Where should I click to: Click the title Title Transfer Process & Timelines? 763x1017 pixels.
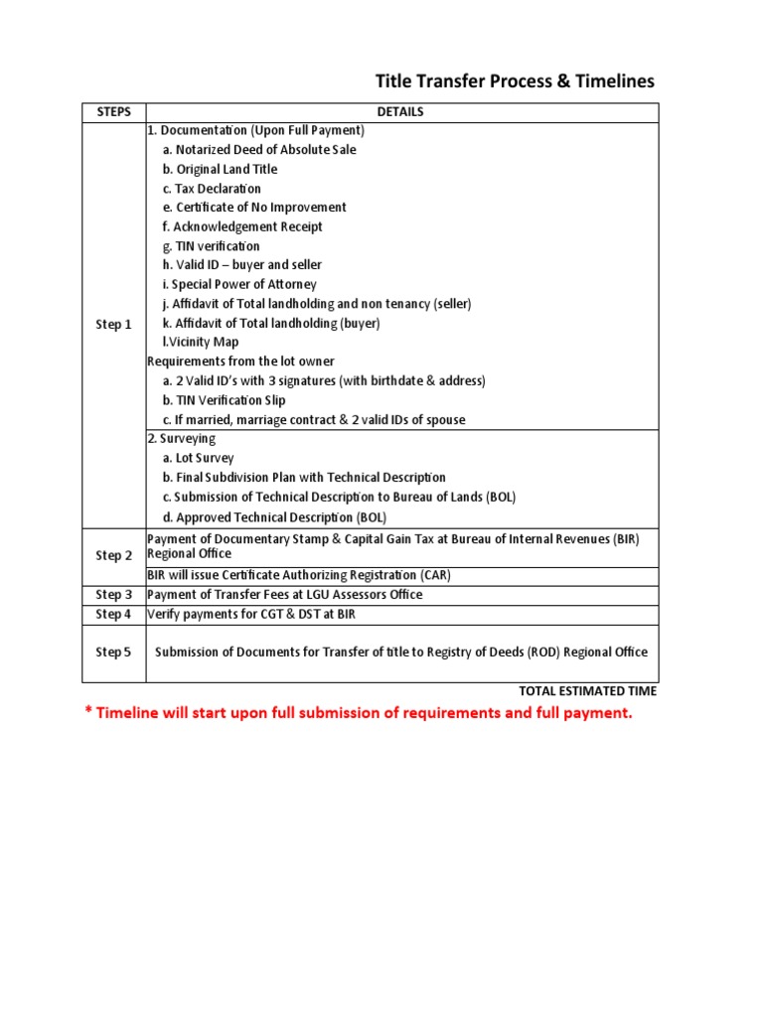pos(514,81)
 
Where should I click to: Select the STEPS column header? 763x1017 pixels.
pos(113,112)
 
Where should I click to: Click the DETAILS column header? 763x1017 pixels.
pos(400,112)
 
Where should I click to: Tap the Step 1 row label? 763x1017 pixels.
pos(113,325)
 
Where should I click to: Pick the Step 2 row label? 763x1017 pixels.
pos(113,556)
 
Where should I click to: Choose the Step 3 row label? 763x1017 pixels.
pos(113,595)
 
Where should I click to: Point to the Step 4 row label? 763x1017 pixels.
pos(113,615)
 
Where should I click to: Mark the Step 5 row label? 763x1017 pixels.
pos(113,653)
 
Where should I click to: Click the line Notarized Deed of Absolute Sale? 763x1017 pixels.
pos(258,150)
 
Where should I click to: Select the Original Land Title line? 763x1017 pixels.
pos(220,170)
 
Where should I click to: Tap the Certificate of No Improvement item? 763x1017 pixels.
pos(254,208)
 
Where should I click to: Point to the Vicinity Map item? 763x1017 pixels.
pos(201,343)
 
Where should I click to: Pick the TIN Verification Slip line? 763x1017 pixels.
pos(224,400)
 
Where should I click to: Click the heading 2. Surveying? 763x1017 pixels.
pos(182,439)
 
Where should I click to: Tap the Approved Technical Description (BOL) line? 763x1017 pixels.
pos(274,517)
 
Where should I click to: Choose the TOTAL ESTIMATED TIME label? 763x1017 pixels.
pos(587,691)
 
